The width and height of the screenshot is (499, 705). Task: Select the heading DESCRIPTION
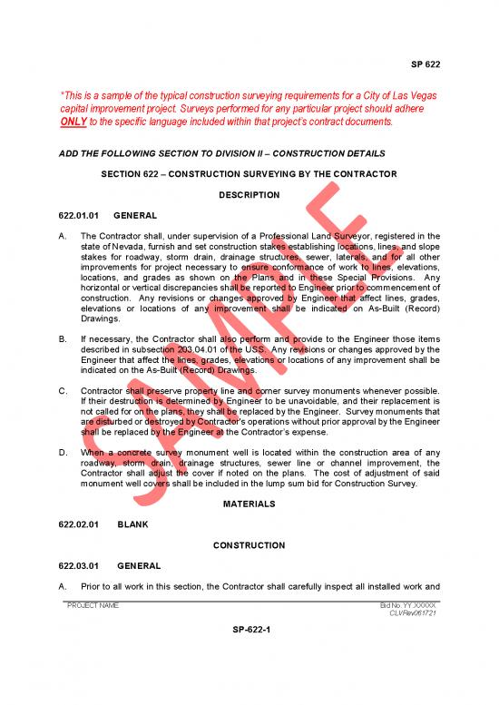point(249,194)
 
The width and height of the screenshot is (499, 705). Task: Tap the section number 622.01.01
point(80,216)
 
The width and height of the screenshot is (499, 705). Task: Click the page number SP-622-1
point(249,632)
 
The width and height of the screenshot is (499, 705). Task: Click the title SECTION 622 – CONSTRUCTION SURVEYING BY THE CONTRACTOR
point(249,173)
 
